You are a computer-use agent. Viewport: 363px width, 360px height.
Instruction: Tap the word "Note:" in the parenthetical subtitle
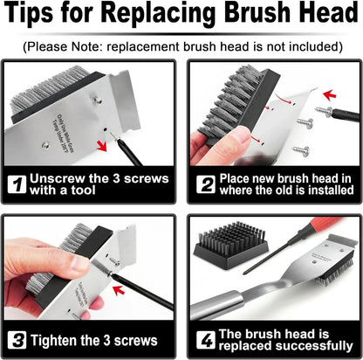[x=90, y=45]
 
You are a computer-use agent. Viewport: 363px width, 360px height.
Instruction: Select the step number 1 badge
[x=15, y=184]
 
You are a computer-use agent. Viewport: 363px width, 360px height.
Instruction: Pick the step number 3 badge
[x=15, y=340]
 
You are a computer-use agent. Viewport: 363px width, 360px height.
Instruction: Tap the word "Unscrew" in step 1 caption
[x=58, y=178]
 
